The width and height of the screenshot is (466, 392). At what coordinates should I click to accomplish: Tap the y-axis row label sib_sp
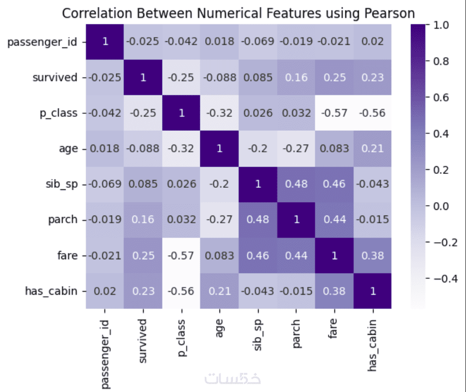click(x=61, y=184)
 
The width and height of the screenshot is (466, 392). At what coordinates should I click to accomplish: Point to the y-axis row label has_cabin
click(x=51, y=291)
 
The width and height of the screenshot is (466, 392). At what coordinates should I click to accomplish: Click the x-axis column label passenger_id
click(x=105, y=350)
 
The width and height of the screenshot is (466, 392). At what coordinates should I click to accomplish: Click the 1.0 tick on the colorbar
click(x=441, y=25)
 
